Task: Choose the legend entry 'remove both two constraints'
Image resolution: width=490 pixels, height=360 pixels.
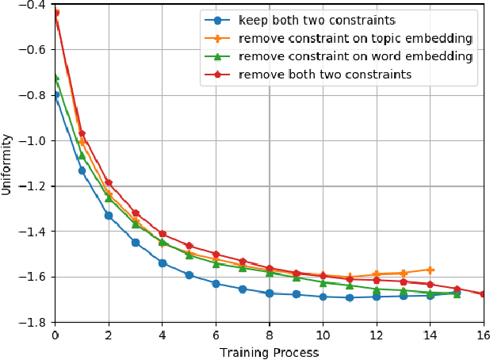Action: [x=324, y=75]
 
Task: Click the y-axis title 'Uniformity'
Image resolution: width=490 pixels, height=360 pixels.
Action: [x=7, y=163]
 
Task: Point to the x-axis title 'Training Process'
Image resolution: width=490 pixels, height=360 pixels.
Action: [x=268, y=351]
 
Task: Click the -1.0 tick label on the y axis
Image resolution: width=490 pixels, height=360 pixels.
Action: [x=34, y=140]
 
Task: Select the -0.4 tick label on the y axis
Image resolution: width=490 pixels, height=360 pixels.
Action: [x=34, y=4]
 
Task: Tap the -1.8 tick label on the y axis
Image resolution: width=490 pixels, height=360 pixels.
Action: [x=34, y=323]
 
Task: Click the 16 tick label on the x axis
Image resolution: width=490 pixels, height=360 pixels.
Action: [x=483, y=335]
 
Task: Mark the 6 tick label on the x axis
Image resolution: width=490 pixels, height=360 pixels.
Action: [x=216, y=335]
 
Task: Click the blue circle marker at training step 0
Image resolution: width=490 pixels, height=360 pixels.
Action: [x=56, y=95]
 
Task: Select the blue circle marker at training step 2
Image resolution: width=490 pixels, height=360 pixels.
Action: [x=109, y=216]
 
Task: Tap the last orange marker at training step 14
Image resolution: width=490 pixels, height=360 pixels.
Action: [x=430, y=270]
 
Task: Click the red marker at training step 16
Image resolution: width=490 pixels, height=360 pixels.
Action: [x=483, y=294]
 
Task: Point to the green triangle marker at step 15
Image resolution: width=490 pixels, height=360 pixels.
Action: [x=457, y=293]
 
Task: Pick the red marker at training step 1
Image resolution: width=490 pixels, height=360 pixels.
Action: [x=82, y=133]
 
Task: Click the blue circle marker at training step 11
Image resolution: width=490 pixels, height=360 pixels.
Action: [x=350, y=298]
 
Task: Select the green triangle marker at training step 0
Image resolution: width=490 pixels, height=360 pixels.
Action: [x=56, y=77]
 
